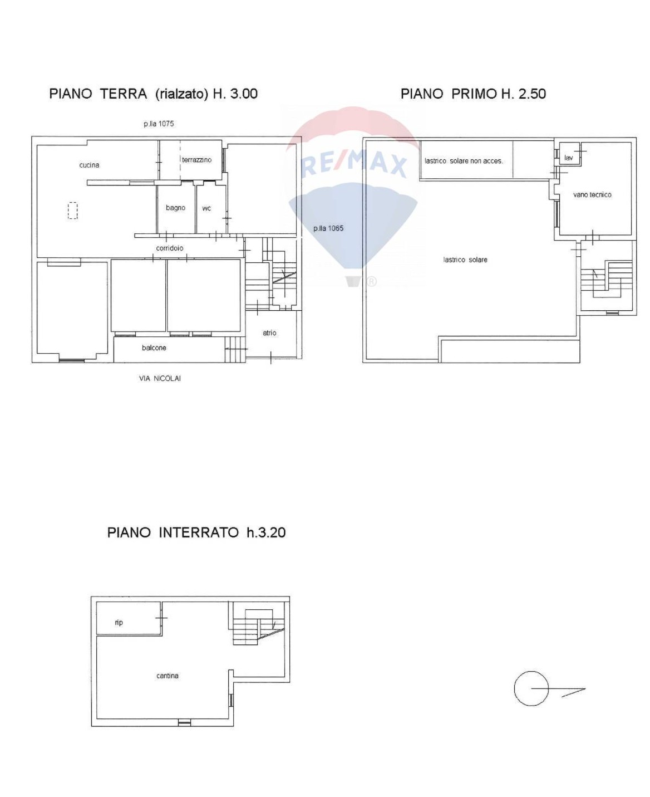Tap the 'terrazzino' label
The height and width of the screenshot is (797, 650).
coord(196,159)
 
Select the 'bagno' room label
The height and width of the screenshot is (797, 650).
coord(175,208)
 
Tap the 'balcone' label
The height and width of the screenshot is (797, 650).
coord(154,347)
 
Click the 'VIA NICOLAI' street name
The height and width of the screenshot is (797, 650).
coord(159,378)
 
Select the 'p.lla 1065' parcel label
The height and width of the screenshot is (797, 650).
coord(328,228)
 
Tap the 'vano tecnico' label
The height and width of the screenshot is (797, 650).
coord(592,194)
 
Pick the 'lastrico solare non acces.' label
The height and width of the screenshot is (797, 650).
coord(463,160)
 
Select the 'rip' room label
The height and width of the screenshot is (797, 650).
coord(119,623)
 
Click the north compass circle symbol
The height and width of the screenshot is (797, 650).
coord(531,688)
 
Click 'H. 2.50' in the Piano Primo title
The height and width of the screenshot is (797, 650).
coord(523,94)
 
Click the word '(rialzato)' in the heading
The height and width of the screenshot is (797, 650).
coord(181,94)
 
